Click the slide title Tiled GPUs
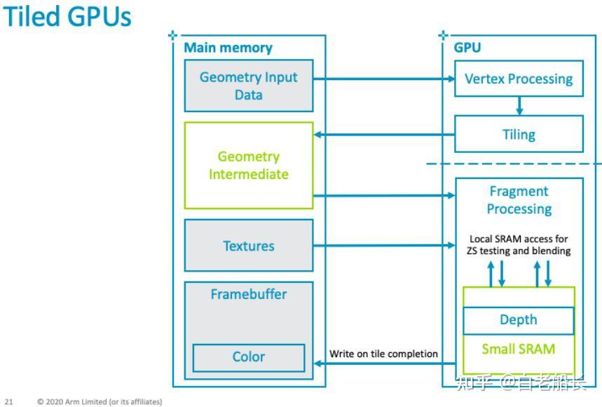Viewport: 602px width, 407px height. click(x=67, y=17)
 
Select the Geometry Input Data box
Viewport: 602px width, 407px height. click(x=248, y=86)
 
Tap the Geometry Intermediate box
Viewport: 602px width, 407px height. click(x=248, y=166)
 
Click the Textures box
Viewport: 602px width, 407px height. click(x=248, y=246)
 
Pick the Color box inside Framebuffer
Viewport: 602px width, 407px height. click(x=248, y=357)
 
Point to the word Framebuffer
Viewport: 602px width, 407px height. click(x=248, y=294)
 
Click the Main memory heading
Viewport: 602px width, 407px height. click(x=228, y=48)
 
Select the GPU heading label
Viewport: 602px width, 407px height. click(x=467, y=48)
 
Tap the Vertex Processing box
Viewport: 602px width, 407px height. click(x=519, y=79)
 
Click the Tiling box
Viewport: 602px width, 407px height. click(x=519, y=134)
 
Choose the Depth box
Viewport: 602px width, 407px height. click(x=519, y=320)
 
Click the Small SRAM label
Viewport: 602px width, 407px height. click(x=519, y=349)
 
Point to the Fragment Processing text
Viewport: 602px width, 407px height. click(x=519, y=200)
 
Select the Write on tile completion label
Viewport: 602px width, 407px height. click(x=384, y=354)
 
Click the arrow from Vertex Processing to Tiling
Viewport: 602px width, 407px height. click(x=519, y=106)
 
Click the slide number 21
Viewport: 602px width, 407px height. click(x=8, y=402)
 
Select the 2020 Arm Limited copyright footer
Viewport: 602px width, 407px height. click(x=100, y=402)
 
